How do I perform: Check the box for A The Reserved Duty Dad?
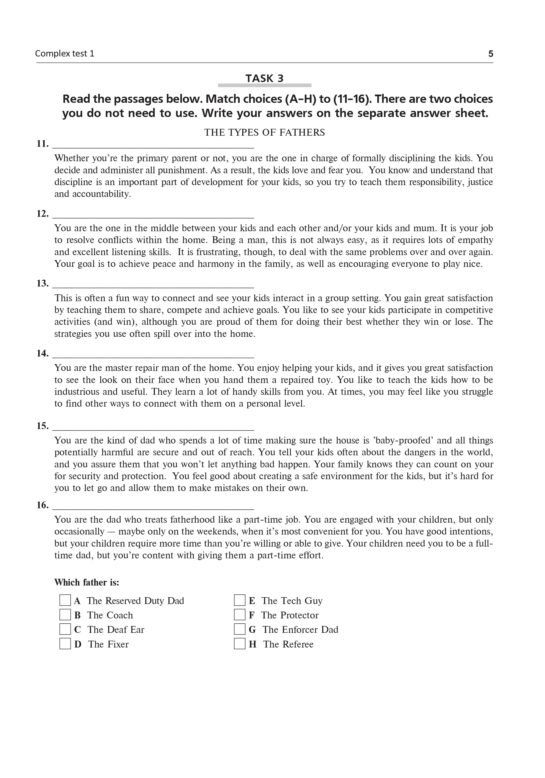[65, 600]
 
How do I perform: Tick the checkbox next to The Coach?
[65, 615]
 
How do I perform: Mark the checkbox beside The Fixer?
[65, 644]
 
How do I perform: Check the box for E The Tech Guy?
[239, 600]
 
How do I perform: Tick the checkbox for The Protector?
[239, 615]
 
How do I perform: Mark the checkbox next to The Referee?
[239, 644]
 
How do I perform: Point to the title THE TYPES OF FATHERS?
[264, 132]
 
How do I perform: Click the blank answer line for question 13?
[153, 287]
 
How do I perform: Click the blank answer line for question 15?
[153, 429]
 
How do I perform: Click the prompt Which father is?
[87, 582]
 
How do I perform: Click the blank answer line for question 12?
[153, 217]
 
